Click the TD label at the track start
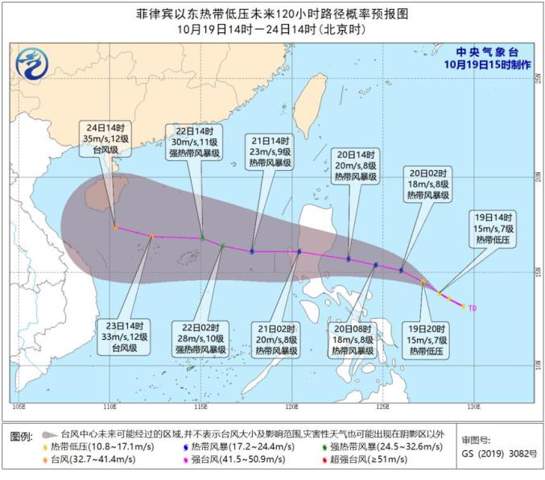pos(473,307)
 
